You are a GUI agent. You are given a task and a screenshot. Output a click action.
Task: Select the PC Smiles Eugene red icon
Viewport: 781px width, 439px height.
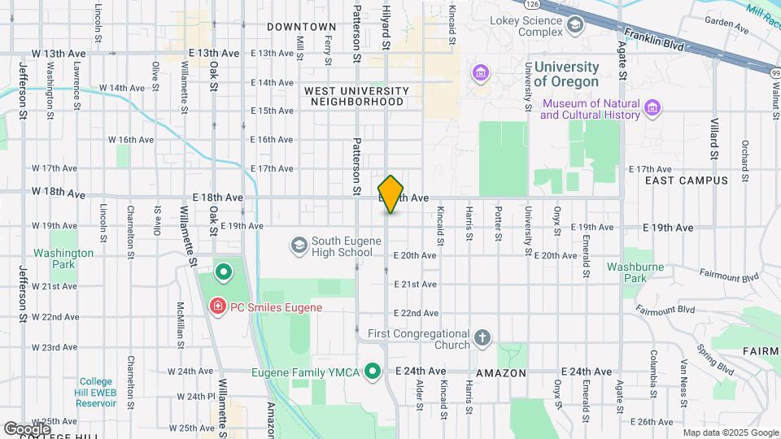[217, 307]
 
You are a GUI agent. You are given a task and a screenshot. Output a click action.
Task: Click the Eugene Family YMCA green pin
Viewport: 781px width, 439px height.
[373, 372]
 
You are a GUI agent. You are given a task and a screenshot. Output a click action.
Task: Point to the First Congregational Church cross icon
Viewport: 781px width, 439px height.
[482, 338]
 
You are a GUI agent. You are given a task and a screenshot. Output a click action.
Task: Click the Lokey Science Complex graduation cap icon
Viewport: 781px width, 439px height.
[576, 24]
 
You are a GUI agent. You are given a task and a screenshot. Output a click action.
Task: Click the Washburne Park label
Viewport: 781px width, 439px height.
[626, 272]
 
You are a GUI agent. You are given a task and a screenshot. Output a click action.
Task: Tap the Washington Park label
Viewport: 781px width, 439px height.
[63, 259]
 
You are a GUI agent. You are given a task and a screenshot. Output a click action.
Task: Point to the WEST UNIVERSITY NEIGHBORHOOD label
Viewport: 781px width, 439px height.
[356, 96]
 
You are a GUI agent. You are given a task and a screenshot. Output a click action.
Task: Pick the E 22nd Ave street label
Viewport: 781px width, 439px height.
[416, 313]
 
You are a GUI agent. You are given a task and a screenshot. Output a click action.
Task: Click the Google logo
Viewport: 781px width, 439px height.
[27, 428]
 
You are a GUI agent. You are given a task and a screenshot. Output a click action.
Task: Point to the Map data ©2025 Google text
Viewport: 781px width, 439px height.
[728, 432]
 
